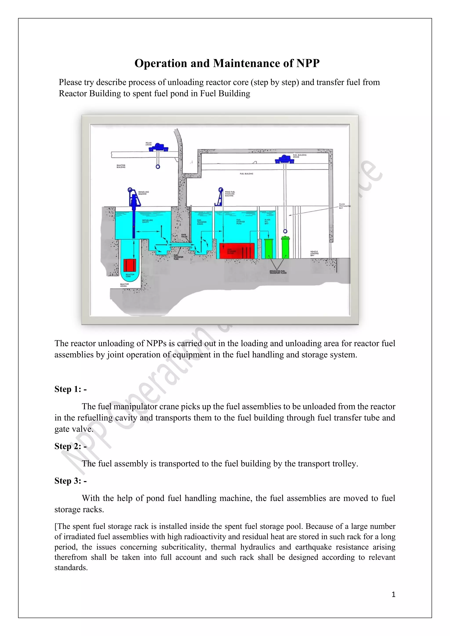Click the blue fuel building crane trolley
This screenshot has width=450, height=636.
pyautogui.click(x=284, y=159)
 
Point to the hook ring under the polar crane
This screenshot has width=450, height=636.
pyautogui.click(x=158, y=167)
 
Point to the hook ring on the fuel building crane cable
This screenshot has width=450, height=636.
pyautogui.click(x=285, y=231)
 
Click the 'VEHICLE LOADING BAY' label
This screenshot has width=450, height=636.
pyautogui.click(x=314, y=253)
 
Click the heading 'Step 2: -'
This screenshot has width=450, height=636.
pyautogui.click(x=70, y=446)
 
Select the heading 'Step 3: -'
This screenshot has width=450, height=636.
pyautogui.click(x=70, y=481)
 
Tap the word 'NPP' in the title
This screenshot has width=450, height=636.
pyautogui.click(x=308, y=63)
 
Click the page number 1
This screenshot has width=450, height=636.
pyautogui.click(x=393, y=594)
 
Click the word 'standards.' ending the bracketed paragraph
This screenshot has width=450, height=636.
pyautogui.click(x=71, y=567)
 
